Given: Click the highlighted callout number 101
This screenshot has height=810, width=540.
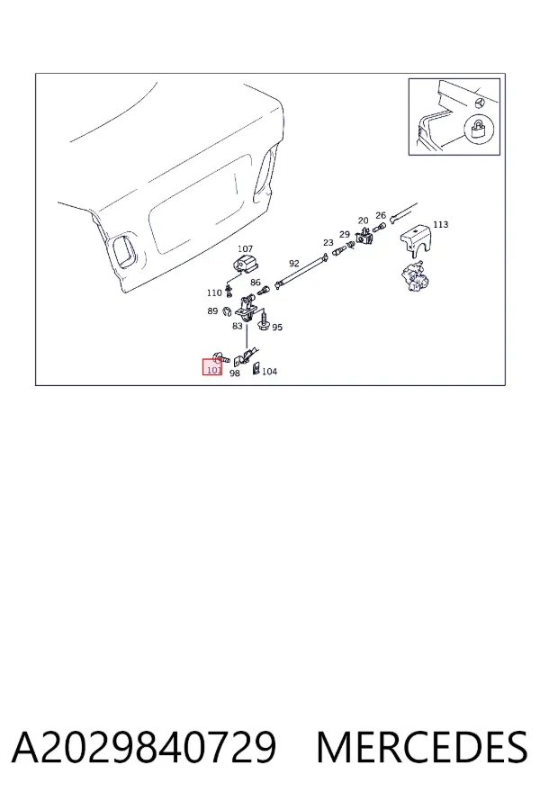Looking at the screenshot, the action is tap(214, 370).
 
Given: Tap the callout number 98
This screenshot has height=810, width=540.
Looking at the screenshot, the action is tap(235, 373).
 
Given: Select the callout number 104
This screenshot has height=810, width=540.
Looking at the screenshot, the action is tap(269, 371).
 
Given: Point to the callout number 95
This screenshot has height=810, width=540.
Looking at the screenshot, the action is tap(277, 327).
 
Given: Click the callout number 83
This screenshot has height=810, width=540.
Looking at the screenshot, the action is tap(238, 326).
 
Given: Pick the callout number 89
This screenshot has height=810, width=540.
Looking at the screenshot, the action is tap(212, 311).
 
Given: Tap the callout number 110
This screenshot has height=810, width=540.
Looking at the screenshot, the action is tap(214, 292).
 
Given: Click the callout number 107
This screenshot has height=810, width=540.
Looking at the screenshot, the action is tap(245, 249).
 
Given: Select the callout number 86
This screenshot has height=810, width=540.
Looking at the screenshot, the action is tap(256, 283).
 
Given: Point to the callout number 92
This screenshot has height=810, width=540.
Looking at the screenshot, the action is tap(294, 264).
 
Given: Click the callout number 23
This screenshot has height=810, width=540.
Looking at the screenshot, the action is tap(328, 242).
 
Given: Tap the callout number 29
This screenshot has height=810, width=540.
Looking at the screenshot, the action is tap(345, 235).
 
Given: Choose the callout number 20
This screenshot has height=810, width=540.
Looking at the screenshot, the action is tap(364, 220).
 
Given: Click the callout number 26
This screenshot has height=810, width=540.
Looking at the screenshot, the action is tap(381, 215).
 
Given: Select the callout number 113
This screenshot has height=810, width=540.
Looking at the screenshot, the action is tap(441, 224).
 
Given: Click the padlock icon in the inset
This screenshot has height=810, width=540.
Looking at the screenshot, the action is tap(480, 129).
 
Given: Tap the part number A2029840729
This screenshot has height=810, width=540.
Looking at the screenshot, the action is tap(144, 747).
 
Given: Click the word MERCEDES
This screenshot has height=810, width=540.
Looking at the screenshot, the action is tap(422, 747).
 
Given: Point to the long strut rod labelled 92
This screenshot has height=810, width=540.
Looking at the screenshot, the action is tap(302, 270).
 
